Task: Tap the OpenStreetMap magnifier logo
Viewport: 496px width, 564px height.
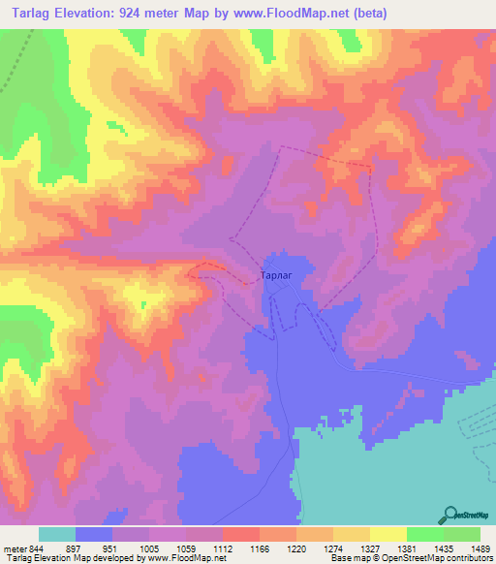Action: (452, 514)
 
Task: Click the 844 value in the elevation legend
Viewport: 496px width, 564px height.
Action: (37, 548)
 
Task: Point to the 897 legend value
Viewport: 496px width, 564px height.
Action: (73, 548)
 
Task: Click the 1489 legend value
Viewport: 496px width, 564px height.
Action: (479, 548)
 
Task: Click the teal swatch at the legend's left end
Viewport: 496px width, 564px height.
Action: (57, 534)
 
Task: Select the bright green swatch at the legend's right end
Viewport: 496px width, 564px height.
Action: (462, 534)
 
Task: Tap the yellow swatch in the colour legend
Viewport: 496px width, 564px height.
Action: (387, 534)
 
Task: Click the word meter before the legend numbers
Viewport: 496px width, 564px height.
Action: (13, 548)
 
